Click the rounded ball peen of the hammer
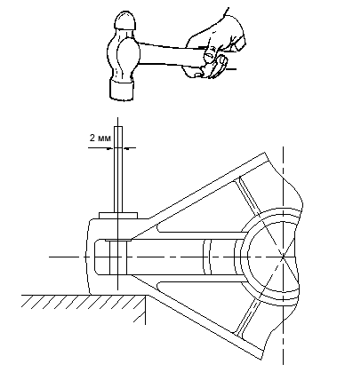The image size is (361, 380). coord(125,20)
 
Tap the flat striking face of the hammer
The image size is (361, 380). coord(122,89)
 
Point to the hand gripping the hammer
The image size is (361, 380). coord(214,47)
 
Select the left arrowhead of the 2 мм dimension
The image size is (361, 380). coord(111,148)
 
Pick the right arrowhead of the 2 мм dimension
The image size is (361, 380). coord(125,148)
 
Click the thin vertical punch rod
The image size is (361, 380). coord(118,170)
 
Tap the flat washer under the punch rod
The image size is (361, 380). coord(118,216)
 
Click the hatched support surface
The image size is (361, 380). coord(84,301)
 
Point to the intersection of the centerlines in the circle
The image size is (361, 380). coord(283,257)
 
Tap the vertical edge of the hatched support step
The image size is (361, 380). coord(145,309)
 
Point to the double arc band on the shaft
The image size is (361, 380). coord(207,257)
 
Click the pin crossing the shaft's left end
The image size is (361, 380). coord(118,257)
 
